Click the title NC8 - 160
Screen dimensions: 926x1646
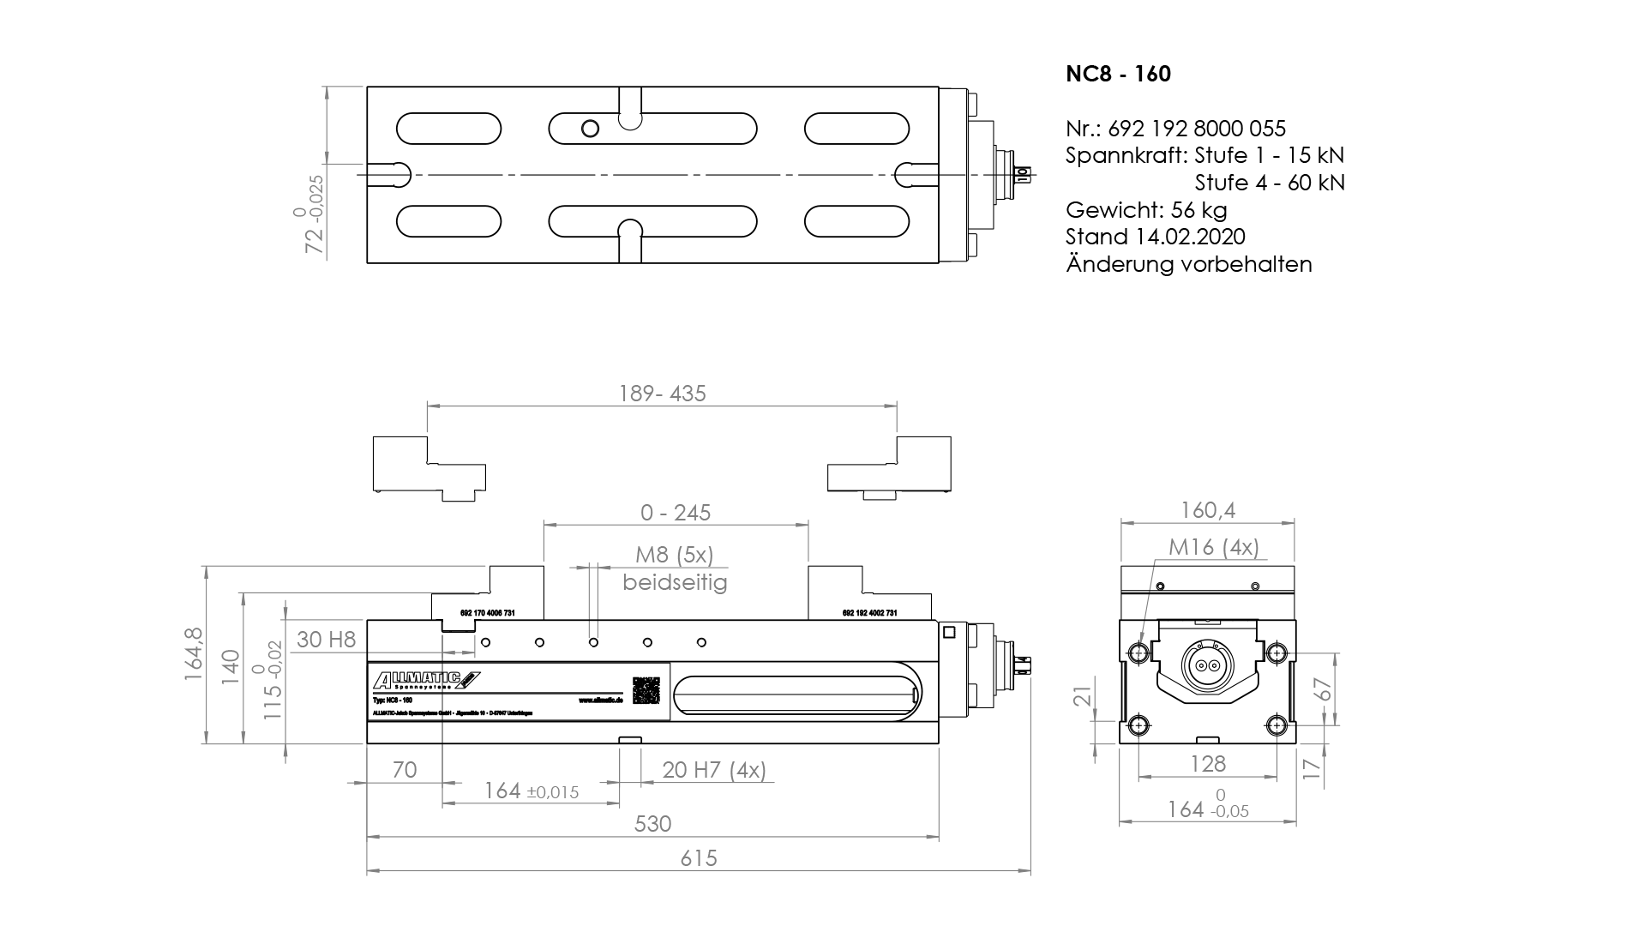[x=1118, y=75]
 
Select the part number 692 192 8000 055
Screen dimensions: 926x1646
[x=1197, y=129]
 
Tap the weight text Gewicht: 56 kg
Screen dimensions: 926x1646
[x=1146, y=210]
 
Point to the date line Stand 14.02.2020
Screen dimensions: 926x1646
[x=1155, y=237]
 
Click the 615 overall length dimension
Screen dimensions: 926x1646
[x=699, y=858]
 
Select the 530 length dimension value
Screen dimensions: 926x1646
[x=652, y=824]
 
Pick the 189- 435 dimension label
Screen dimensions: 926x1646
[x=662, y=394]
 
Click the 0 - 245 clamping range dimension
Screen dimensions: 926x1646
[x=676, y=513]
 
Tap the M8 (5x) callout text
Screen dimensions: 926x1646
[x=674, y=556]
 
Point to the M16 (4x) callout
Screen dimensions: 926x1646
[x=1213, y=547]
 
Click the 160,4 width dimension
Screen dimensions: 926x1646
[x=1207, y=511]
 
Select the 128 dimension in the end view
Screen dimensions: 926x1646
[x=1208, y=764]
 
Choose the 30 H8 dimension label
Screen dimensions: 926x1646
[x=326, y=640]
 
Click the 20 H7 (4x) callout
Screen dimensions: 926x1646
[x=714, y=770]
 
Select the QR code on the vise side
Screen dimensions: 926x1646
[x=647, y=690]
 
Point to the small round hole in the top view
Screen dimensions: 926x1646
[x=590, y=129]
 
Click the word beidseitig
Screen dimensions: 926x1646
[x=675, y=583]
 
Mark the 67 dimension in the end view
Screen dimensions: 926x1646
[x=1325, y=689]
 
